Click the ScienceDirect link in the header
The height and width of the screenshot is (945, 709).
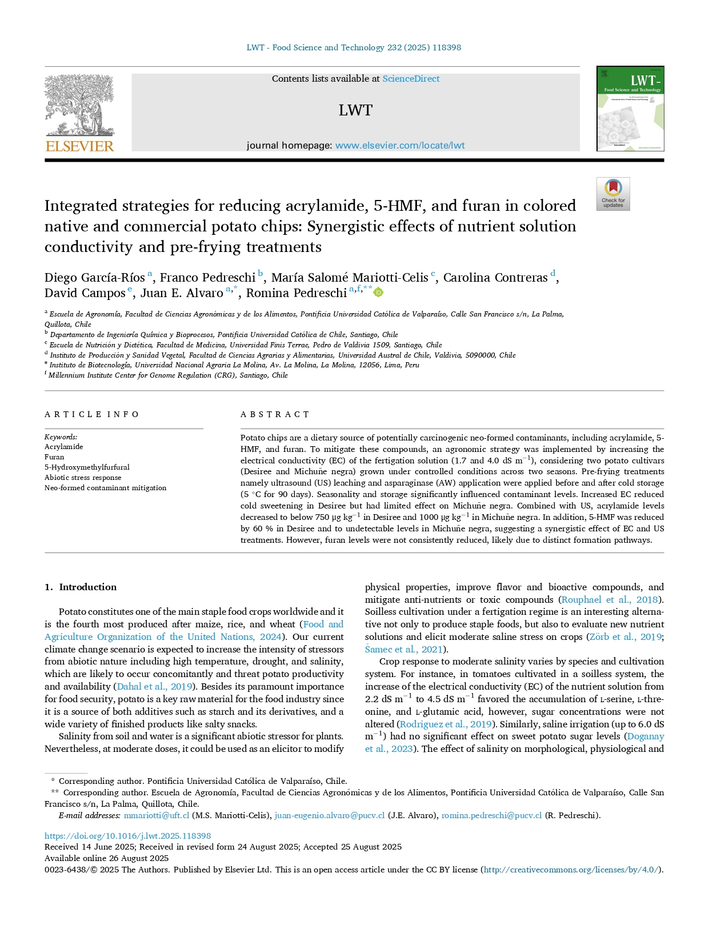(x=411, y=79)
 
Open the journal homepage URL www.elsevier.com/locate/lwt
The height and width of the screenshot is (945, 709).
(x=399, y=146)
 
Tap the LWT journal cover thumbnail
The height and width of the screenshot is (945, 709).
(x=630, y=109)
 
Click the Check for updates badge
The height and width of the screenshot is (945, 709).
(x=613, y=194)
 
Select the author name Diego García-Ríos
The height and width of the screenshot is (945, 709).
(x=94, y=278)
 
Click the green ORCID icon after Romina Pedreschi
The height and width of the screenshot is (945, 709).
(x=378, y=293)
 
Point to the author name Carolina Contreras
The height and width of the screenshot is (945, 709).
(x=495, y=278)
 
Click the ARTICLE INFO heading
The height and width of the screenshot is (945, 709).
(x=91, y=414)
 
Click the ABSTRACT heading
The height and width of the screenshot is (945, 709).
(x=275, y=414)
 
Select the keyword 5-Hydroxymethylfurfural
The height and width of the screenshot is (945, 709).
(x=87, y=467)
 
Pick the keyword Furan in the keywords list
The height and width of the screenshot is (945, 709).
(x=54, y=457)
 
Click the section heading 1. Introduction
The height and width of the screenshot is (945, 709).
(x=81, y=587)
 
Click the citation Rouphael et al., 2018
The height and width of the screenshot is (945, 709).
(x=610, y=600)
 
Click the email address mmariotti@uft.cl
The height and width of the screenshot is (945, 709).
(x=157, y=815)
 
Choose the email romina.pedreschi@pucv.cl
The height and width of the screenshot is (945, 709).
(x=491, y=815)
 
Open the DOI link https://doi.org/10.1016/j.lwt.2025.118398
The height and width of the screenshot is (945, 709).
(x=127, y=836)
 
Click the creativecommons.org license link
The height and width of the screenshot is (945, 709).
(x=572, y=870)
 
